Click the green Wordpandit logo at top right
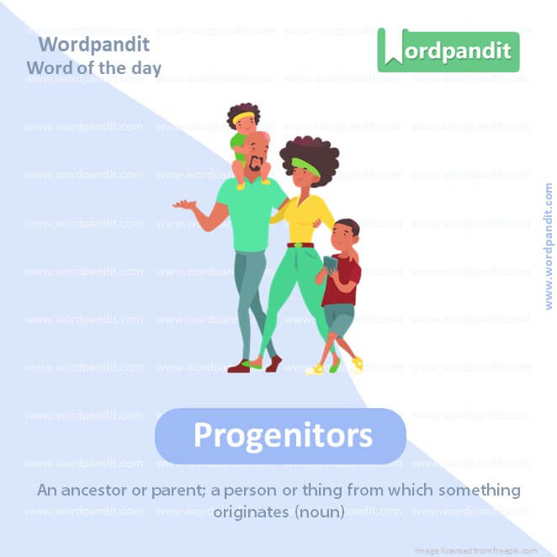(x=448, y=50)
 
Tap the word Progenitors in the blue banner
(x=282, y=435)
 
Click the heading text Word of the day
(x=93, y=67)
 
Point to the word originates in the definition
(x=253, y=511)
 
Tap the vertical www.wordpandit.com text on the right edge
(x=549, y=246)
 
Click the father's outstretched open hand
(x=181, y=204)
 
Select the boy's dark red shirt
(x=345, y=283)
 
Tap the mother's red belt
(x=300, y=245)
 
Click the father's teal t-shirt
(x=251, y=215)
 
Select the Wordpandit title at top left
(x=93, y=44)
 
